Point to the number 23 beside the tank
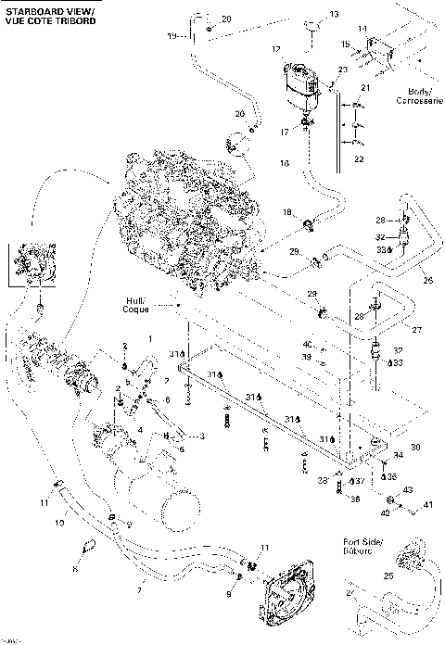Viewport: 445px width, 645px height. (x=342, y=70)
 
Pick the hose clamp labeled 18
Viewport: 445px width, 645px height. (x=309, y=221)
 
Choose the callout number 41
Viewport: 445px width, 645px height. (x=428, y=505)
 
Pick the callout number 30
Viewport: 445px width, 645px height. (x=415, y=447)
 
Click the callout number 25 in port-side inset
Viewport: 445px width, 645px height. (x=388, y=575)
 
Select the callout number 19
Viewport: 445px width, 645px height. (x=172, y=35)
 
